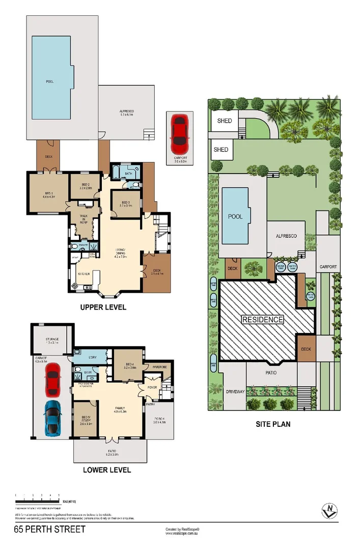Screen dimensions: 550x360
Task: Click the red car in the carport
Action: [180, 131]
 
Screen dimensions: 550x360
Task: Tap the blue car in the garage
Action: [53, 418]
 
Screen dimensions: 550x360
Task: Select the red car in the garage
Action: [53, 379]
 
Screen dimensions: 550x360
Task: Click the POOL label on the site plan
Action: [235, 216]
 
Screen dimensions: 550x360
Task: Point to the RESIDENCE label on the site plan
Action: [262, 320]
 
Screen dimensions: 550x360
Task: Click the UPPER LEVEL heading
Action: [103, 308]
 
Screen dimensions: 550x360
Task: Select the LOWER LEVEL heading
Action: [107, 470]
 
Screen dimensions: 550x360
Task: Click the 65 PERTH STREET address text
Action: [50, 530]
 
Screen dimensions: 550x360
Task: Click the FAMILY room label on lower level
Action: [120, 408]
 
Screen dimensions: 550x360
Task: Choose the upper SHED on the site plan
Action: [224, 121]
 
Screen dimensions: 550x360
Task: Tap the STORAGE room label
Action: [52, 340]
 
